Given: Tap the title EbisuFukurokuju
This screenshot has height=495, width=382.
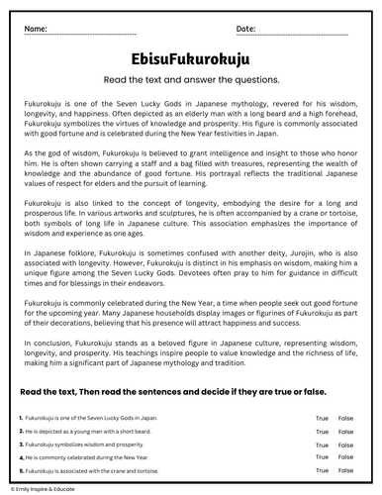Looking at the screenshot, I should pos(190,58).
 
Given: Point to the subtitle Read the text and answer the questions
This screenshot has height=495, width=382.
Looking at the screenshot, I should pos(190,79).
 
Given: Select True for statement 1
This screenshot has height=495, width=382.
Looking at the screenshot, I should pos(322,419).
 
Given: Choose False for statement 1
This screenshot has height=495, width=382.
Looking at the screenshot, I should pos(345,419).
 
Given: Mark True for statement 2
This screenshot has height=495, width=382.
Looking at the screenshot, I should pos(322,432).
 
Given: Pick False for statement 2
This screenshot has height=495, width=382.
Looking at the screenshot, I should pos(345,432).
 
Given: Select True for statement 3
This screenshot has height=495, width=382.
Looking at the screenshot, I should pos(322,445).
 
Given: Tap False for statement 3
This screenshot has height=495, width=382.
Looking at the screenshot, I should pos(345,445).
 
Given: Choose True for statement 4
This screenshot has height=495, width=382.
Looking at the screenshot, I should pos(322,457).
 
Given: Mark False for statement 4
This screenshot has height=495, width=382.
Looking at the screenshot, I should pos(345,457).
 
